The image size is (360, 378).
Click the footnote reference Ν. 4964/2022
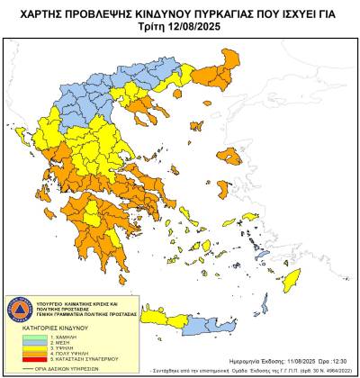pos(333,369)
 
